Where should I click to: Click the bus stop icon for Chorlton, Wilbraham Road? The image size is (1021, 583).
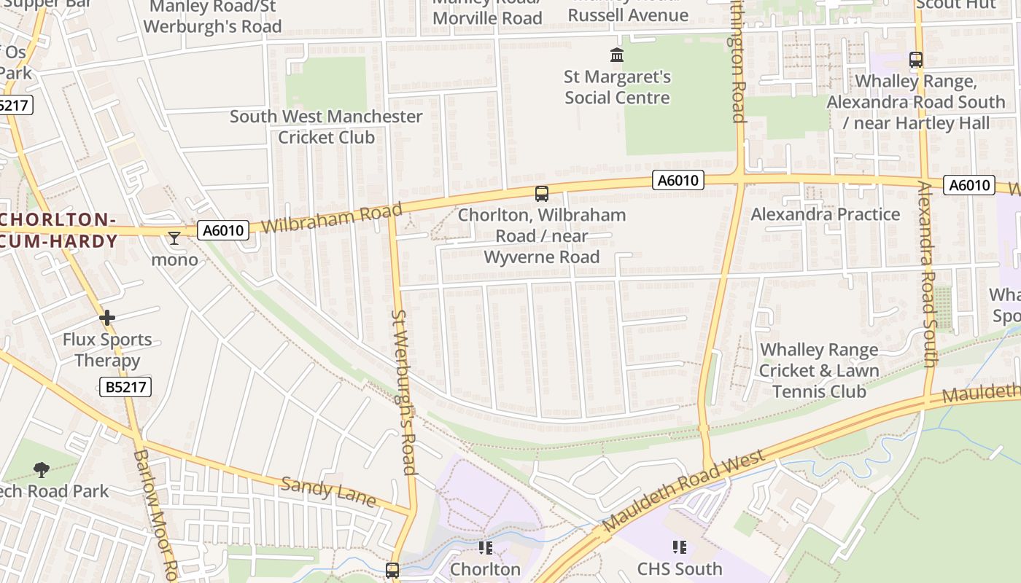coord(541,193)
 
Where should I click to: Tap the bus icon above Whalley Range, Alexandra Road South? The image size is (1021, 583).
coord(916,60)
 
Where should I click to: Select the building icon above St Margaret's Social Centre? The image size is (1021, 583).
coord(617,55)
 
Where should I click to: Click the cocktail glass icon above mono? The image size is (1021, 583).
coord(174,238)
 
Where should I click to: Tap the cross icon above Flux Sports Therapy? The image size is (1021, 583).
coord(107,318)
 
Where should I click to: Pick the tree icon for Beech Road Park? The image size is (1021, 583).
coord(42,470)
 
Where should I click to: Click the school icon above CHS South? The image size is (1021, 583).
coord(680,547)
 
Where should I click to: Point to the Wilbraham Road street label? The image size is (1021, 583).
coord(332,218)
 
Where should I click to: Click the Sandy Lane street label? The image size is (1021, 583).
coord(328,492)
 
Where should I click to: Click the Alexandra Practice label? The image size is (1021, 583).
coord(825,214)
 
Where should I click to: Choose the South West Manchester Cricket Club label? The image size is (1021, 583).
coord(326,127)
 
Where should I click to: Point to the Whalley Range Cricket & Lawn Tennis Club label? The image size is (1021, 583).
coord(819,370)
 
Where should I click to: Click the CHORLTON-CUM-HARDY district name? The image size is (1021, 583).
coord(58,230)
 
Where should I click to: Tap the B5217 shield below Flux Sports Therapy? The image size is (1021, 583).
coord(125,386)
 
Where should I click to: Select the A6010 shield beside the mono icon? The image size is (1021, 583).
coord(223,231)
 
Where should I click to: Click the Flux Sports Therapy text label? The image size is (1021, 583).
coord(107,350)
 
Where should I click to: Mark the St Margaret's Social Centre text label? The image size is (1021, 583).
coord(617,87)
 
